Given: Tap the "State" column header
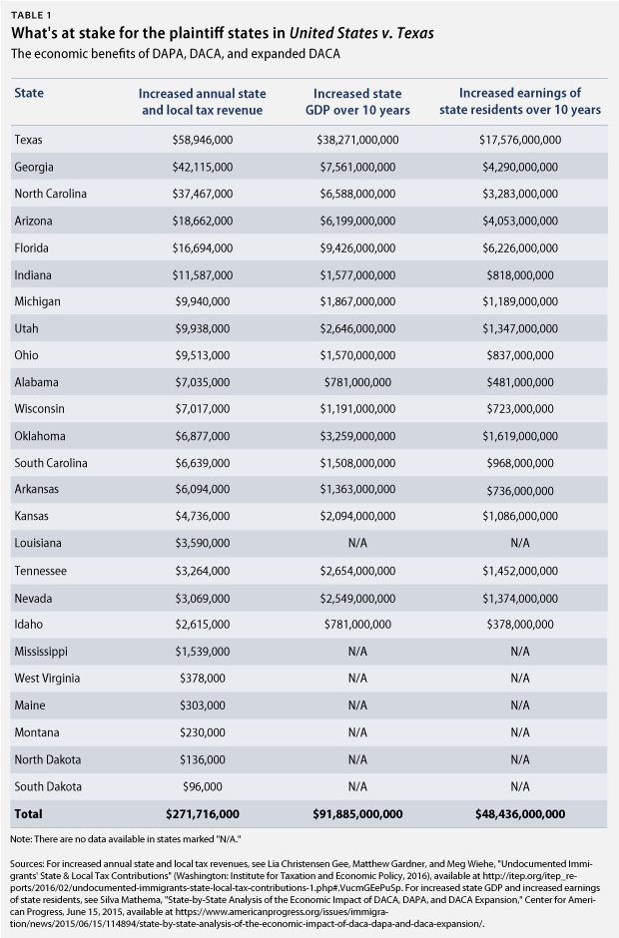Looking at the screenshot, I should (29, 94).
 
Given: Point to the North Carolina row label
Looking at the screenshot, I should (51, 194).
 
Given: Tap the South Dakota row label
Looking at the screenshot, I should (46, 786).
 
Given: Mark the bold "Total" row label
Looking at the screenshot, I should (29, 814).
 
